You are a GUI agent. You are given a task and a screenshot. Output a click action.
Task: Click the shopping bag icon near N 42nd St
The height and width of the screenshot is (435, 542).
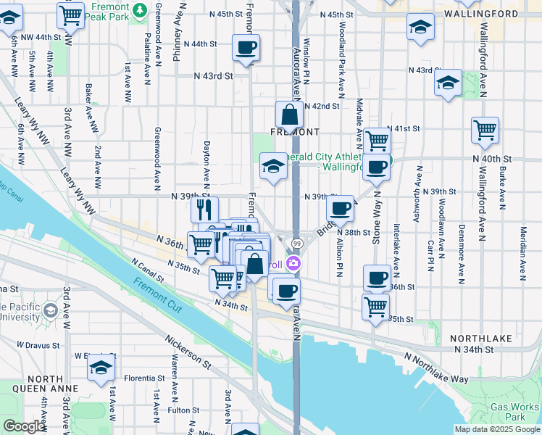[289, 115]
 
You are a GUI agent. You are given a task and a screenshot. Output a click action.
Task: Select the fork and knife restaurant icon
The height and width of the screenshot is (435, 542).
[205, 210]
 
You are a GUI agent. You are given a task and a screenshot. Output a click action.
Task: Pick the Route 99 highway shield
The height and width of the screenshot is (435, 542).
[297, 243]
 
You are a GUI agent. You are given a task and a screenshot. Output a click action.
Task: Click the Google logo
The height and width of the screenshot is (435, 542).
[24, 426]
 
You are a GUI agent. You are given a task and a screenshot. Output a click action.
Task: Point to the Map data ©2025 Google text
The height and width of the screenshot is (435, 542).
[496, 429]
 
